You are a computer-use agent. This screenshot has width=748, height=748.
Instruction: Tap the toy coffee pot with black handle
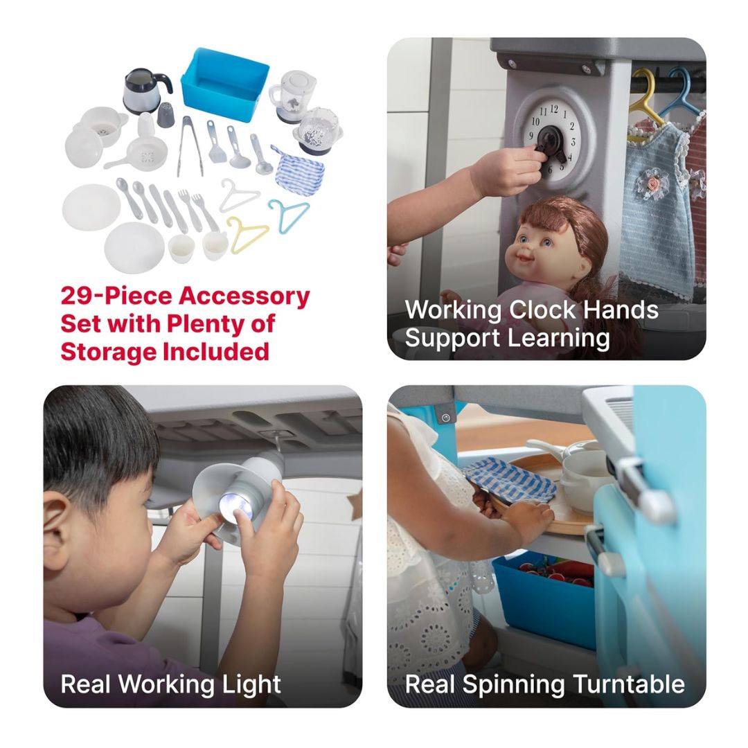(x=145, y=91)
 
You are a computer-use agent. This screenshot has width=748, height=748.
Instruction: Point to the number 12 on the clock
(x=554, y=109)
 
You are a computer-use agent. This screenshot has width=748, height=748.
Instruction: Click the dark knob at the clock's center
(x=553, y=141)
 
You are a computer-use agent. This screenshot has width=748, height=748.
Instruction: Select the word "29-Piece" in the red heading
(x=116, y=296)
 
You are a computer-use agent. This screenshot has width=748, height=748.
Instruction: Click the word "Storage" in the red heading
(x=108, y=352)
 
